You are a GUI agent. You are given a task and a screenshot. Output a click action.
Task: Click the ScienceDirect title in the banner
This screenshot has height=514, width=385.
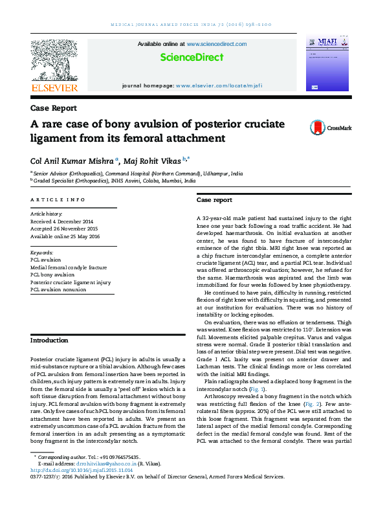192,58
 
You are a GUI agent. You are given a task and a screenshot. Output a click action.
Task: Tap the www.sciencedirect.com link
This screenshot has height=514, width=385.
216,44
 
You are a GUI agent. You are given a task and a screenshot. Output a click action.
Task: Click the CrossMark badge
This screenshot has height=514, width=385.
330,128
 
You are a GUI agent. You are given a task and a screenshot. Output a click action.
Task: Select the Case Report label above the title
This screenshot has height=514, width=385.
53,108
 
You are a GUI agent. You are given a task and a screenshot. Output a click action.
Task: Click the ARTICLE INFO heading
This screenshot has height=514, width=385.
58,200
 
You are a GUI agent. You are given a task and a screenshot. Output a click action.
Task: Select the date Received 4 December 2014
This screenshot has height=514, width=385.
62,220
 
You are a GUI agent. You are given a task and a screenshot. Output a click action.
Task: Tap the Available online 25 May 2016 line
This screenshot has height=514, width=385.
65,236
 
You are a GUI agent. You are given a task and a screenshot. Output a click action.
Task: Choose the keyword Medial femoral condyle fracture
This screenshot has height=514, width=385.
69,267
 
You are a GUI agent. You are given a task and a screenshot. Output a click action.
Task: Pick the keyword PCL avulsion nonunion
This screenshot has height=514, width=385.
58,289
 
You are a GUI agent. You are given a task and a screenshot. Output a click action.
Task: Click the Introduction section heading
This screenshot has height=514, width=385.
49,341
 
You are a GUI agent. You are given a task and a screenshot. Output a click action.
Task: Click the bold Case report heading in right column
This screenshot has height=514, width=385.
214,201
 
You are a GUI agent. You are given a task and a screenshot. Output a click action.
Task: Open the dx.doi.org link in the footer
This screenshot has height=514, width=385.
77,470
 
